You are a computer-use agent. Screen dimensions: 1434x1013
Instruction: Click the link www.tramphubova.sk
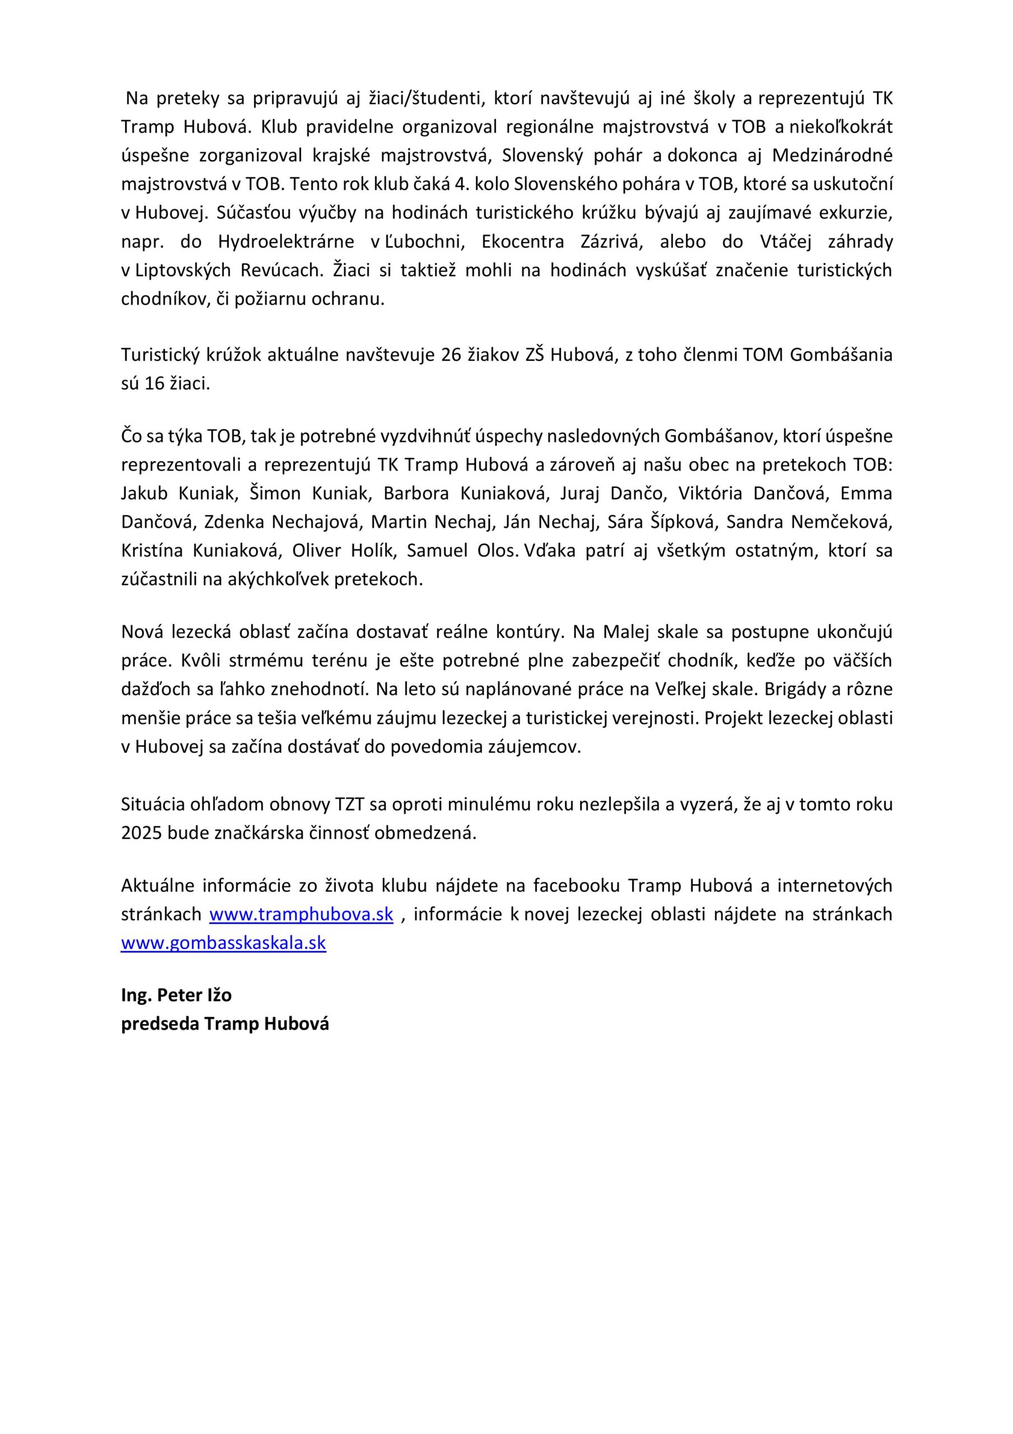[x=301, y=914]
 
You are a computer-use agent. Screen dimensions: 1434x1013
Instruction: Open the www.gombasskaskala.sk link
[x=223, y=943]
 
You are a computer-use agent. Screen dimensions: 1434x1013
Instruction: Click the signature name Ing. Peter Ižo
[x=176, y=995]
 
